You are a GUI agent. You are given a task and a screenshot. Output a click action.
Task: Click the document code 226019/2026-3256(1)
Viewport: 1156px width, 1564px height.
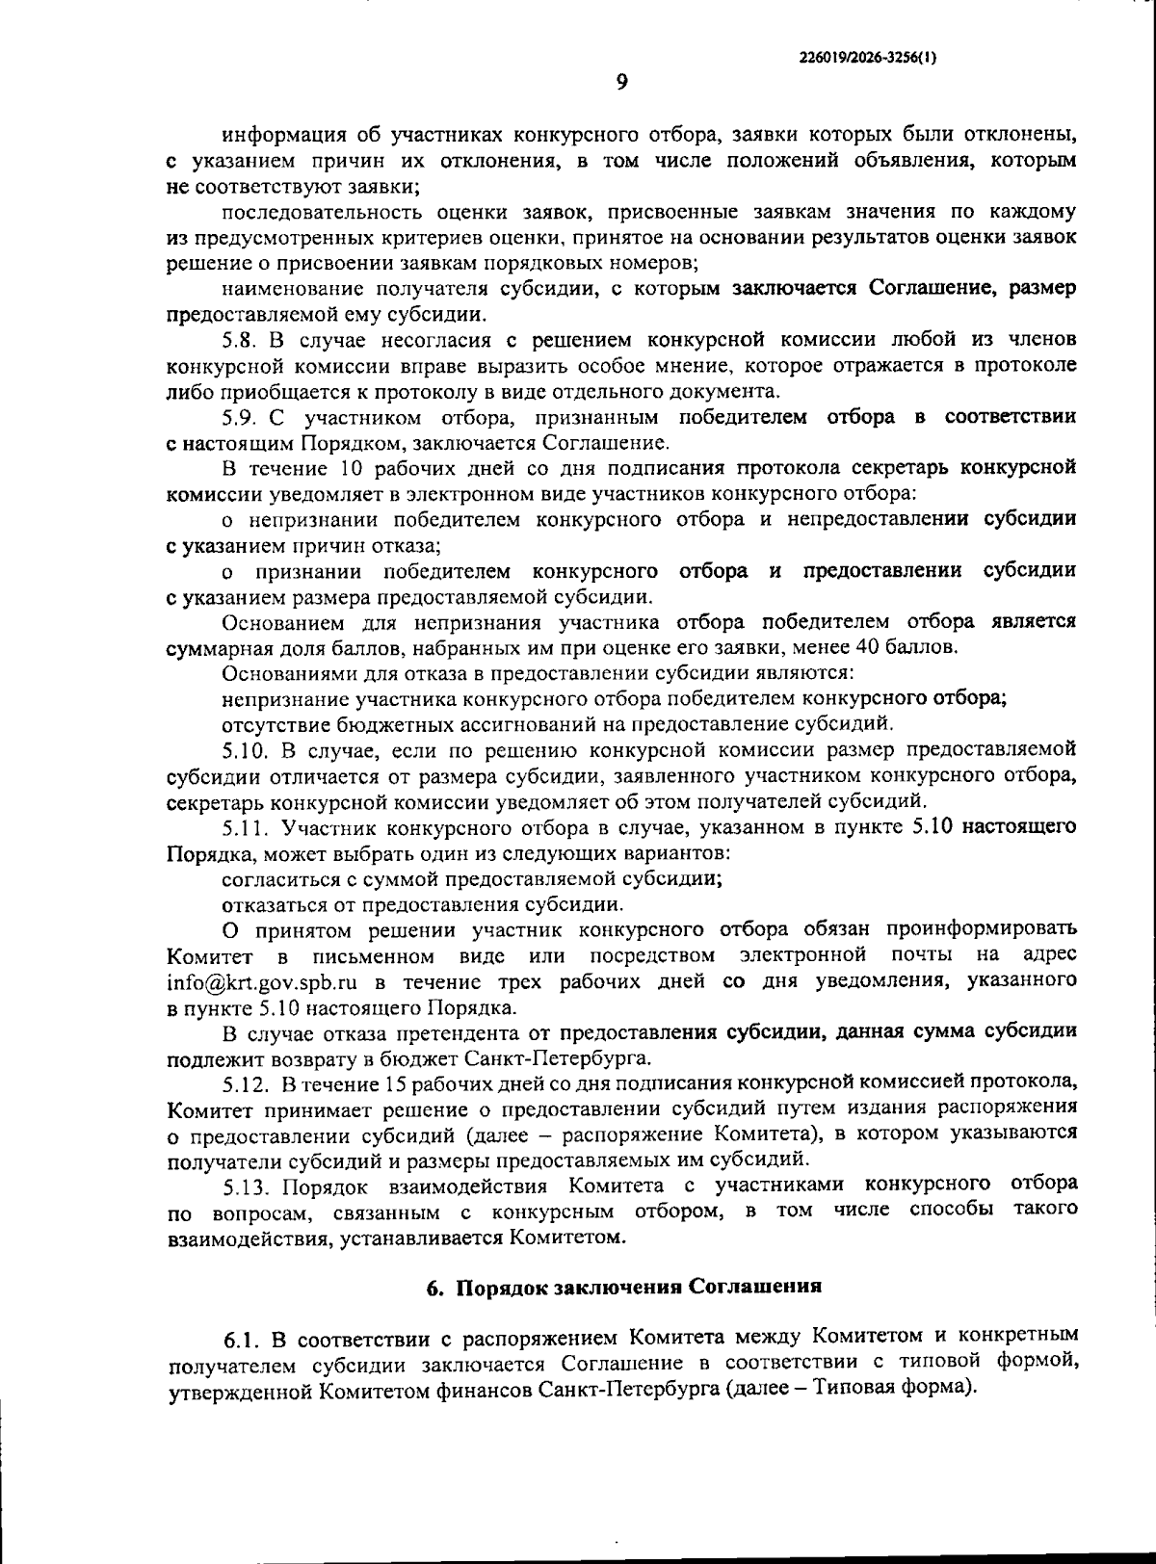pos(868,57)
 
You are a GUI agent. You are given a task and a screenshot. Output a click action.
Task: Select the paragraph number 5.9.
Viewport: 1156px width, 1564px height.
pos(240,417)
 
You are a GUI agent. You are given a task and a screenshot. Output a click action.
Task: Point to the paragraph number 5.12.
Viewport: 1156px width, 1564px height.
pos(245,1083)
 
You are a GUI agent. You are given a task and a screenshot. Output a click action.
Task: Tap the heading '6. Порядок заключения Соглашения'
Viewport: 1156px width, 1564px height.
pos(623,1287)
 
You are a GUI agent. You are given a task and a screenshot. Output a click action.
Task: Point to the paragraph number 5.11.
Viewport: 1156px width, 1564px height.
pos(244,827)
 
